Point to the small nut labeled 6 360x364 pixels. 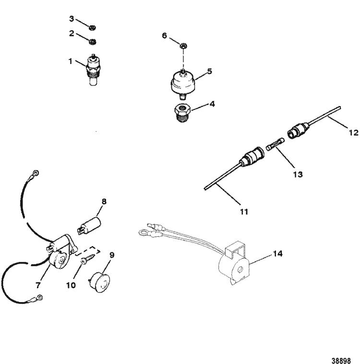point(184,46)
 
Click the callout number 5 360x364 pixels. point(209,70)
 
